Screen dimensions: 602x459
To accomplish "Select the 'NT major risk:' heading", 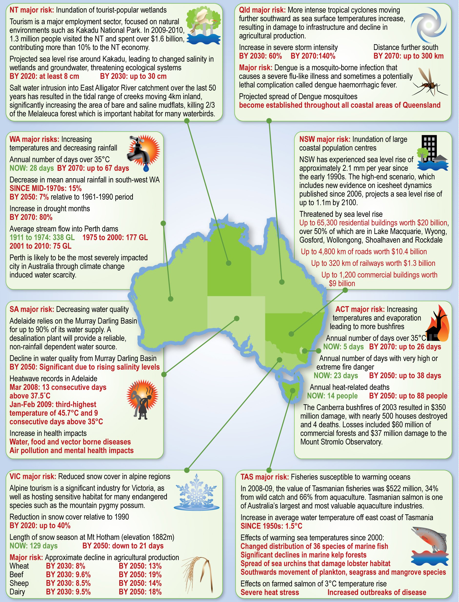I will tap(32, 10).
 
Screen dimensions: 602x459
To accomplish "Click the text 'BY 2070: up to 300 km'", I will tap(409, 56).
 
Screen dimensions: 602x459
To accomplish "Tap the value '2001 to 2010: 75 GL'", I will tap(40, 246).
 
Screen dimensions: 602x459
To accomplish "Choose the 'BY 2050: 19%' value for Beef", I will tap(140, 574).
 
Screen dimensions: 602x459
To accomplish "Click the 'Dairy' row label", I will tap(17, 592).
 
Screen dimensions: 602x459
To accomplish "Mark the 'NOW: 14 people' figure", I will tap(332, 396).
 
